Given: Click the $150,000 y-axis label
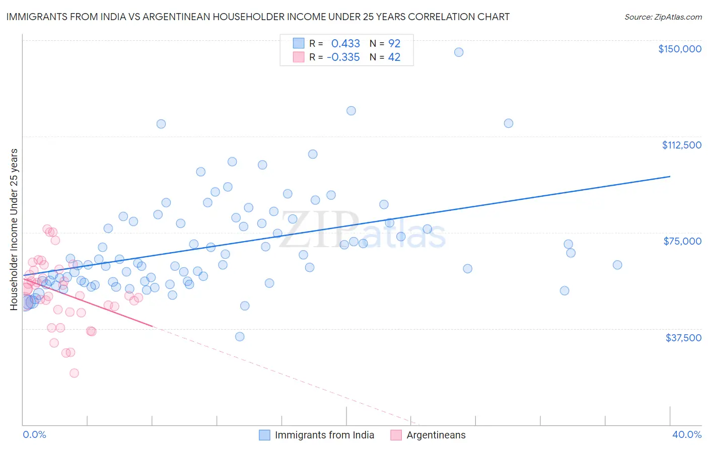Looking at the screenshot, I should point(679,49).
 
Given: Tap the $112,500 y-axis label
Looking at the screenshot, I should point(681,145).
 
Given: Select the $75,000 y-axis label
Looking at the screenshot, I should point(682,241).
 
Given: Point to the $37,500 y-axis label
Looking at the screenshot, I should point(683,338).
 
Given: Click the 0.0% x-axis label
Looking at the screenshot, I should point(34,434).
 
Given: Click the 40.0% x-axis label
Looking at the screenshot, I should point(687,434).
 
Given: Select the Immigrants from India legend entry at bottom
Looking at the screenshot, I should point(324,435).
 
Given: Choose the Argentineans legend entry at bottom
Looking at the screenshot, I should point(436,435).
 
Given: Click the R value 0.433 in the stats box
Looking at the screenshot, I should point(345,43).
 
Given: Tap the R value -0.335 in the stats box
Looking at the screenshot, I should point(343,57).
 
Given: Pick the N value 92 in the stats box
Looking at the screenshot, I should point(394,43).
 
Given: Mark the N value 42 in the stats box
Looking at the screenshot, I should point(394,57).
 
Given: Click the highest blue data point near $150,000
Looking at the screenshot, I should point(459,52).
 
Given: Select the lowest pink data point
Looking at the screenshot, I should point(74,373).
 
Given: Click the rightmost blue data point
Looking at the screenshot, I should point(617,265).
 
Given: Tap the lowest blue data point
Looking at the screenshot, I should point(240,337).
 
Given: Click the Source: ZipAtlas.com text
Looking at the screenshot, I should point(663,17).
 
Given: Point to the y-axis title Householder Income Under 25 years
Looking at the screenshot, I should point(14,229).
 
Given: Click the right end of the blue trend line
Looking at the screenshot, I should point(670,177).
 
